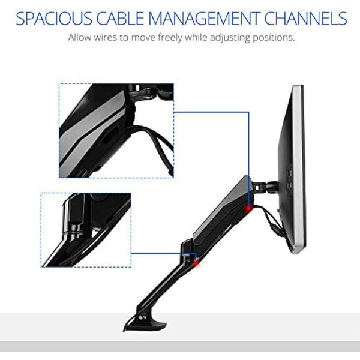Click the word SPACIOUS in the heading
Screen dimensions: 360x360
pos(54,18)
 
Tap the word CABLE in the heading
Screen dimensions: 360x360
pos(121,18)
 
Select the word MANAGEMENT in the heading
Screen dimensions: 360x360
pos(205,18)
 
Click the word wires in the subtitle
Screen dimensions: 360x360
pos(106,37)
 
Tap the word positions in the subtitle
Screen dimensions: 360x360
pos(274,38)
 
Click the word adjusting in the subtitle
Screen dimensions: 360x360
pos(230,38)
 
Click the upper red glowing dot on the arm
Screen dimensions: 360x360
pos(248,208)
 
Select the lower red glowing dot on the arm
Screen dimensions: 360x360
pos(196,263)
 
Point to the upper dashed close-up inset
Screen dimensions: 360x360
pos(116,130)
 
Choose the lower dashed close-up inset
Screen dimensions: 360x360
pos(86,230)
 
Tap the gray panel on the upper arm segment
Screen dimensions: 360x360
pos(220,214)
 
